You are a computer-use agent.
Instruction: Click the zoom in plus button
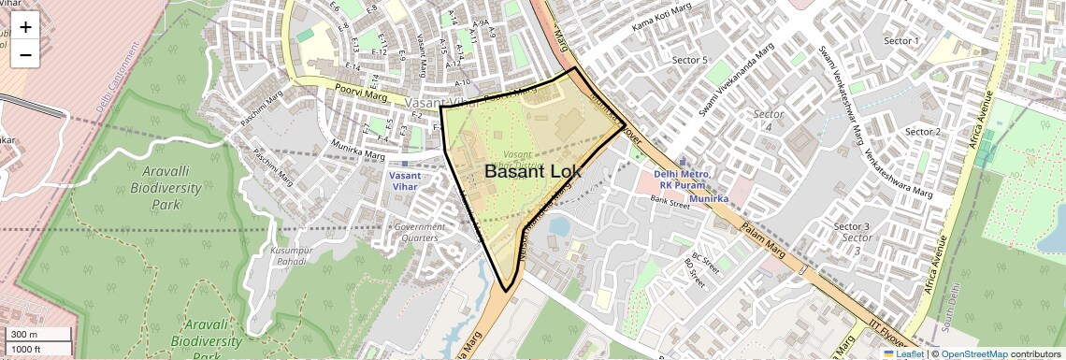[25, 27]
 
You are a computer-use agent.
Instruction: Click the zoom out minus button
[25, 54]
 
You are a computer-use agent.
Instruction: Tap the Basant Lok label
[532, 172]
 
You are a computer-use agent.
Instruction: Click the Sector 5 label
[690, 61]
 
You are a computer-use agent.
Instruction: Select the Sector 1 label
[901, 41]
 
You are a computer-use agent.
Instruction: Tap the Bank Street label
[670, 201]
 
